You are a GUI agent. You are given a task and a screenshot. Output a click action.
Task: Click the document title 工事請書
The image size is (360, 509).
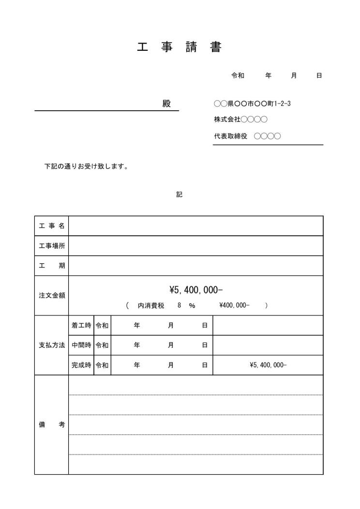[x=179, y=47]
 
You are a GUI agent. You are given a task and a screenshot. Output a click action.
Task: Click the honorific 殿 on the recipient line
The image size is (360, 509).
[x=166, y=104]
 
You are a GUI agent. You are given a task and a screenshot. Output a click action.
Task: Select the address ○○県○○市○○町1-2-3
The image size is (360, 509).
[x=252, y=104]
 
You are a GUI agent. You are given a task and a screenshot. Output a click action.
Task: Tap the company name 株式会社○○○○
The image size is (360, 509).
[x=240, y=120]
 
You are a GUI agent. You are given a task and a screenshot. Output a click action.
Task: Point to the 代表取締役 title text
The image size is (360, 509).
[x=231, y=136]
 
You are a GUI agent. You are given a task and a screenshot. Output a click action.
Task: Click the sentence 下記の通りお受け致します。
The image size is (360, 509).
[x=86, y=167]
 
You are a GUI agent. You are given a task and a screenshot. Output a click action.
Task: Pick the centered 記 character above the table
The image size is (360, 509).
[x=179, y=195]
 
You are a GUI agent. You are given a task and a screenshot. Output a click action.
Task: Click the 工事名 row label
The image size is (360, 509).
[x=51, y=226]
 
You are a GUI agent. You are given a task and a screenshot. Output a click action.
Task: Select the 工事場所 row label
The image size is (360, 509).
[x=51, y=246]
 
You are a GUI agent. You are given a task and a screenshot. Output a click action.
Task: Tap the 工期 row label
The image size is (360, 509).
[x=51, y=266]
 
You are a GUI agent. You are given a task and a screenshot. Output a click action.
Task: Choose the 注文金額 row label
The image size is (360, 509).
[x=51, y=295]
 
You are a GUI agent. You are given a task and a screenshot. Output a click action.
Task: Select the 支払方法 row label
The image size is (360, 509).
[x=51, y=345]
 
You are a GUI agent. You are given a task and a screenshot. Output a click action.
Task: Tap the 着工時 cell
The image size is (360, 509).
[x=81, y=326]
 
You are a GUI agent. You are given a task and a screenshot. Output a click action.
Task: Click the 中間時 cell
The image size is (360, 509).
[x=81, y=345]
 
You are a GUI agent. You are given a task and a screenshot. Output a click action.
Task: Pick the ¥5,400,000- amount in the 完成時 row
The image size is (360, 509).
[x=268, y=365]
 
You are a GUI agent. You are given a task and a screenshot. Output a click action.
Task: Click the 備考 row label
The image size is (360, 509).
[x=51, y=425]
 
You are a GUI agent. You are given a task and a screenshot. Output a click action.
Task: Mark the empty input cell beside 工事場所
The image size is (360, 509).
[x=195, y=246]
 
